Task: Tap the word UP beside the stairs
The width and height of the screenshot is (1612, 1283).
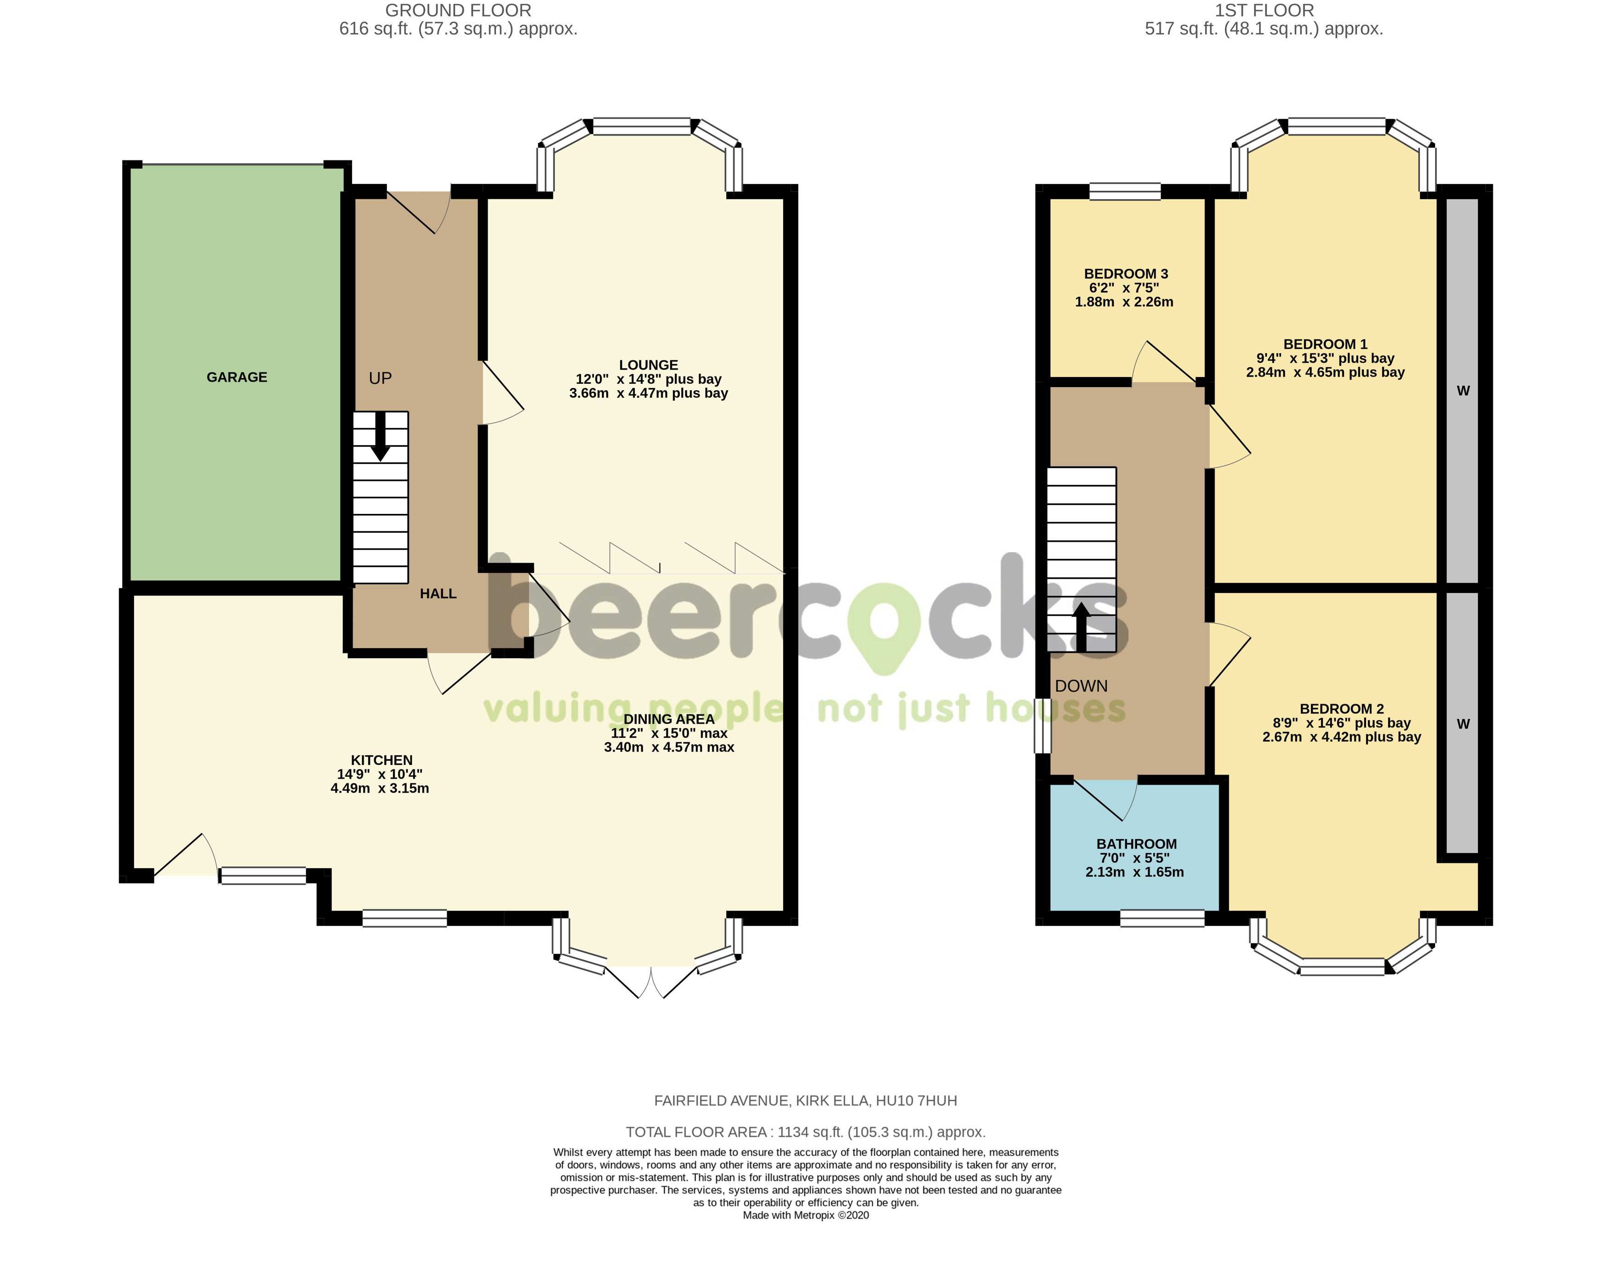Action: [x=380, y=378]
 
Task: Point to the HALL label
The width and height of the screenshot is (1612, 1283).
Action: [x=438, y=593]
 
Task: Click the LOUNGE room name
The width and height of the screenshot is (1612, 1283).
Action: [x=648, y=365]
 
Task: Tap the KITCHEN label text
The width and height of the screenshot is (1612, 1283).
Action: [x=382, y=759]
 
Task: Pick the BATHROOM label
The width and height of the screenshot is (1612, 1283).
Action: [x=1136, y=844]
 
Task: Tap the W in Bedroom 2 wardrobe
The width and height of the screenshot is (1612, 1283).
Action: [x=1463, y=724]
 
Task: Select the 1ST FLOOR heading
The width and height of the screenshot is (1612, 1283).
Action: [x=1264, y=11]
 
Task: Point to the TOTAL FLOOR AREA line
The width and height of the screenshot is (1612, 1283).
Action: [x=805, y=1132]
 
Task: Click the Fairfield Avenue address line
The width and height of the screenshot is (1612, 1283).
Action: [x=805, y=1101]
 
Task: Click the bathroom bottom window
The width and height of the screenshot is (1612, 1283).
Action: [x=1162, y=918]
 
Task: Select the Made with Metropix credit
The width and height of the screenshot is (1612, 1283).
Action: [x=805, y=1215]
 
